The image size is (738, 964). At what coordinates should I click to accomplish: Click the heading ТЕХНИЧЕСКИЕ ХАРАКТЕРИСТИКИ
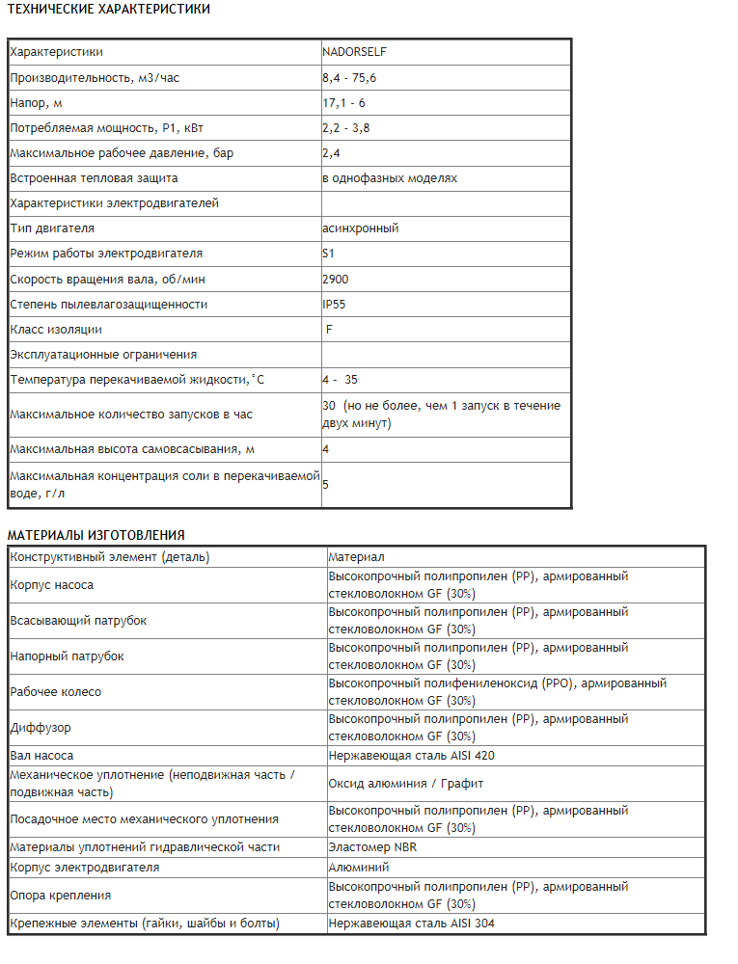[109, 9]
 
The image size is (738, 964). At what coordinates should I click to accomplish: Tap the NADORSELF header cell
[355, 52]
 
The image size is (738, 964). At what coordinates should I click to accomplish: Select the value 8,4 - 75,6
[349, 77]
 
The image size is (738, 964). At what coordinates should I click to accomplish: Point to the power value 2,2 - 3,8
[344, 127]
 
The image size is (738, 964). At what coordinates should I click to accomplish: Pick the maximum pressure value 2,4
[331, 152]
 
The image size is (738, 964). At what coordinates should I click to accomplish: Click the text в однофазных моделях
[390, 178]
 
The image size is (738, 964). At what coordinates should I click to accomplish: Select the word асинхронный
[361, 228]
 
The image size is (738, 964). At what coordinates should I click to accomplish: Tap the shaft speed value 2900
[336, 279]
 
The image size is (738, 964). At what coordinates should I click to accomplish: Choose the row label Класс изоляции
[56, 329]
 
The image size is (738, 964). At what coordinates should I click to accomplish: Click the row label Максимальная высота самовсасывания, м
[132, 449]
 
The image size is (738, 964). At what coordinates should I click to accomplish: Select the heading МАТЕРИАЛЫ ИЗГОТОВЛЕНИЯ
[96, 535]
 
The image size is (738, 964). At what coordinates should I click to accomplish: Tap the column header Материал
[356, 556]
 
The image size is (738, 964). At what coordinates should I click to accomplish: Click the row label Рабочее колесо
[55, 692]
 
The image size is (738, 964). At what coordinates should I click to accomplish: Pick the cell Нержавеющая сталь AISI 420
[411, 756]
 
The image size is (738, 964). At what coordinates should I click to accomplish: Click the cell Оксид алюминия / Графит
[405, 784]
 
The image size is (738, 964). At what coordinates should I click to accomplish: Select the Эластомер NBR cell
[372, 847]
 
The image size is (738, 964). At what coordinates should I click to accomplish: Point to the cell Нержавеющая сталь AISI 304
[412, 924]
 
